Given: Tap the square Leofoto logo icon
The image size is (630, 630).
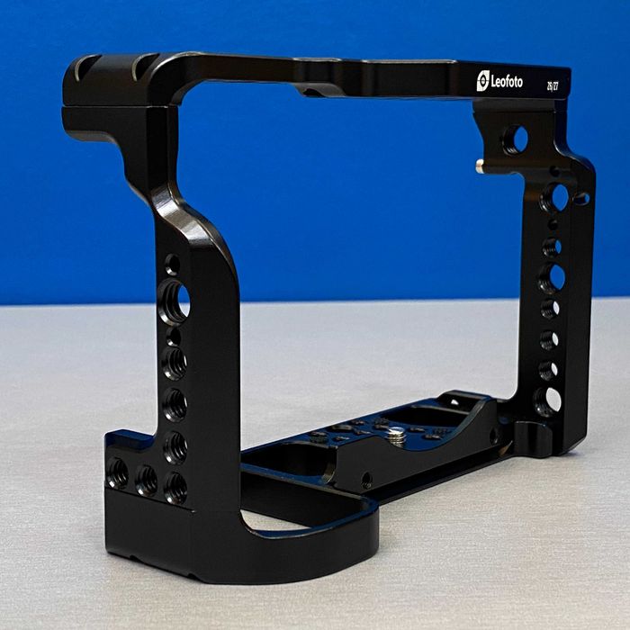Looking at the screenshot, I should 483,81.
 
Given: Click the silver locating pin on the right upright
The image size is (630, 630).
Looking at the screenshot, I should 481,165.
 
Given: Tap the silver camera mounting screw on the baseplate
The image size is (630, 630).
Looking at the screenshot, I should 395,435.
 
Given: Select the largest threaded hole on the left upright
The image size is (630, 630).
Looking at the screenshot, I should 173,301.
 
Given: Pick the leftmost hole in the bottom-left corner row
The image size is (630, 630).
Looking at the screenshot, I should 117,473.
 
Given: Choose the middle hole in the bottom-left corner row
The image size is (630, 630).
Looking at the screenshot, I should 146,479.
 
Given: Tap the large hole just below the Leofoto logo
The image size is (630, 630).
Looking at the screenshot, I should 514,139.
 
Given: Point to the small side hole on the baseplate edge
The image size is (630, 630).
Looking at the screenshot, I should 366,480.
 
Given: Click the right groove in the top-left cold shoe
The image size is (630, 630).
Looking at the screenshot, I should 142,66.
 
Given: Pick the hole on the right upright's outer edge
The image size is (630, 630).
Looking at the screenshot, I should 581,197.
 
